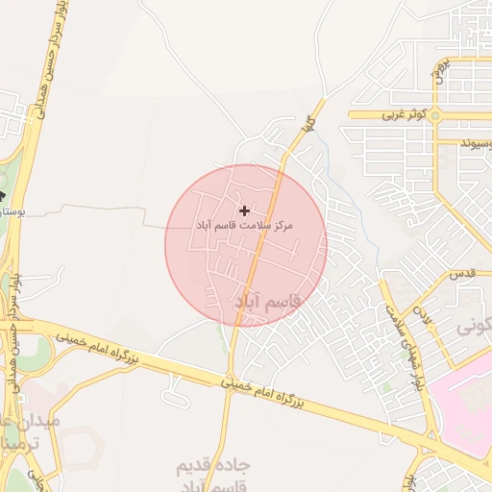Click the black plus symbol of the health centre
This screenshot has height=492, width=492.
pyautogui.click(x=244, y=209)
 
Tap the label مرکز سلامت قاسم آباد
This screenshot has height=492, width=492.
pyautogui.click(x=243, y=225)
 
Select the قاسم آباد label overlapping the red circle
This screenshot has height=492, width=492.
pyautogui.click(x=268, y=302)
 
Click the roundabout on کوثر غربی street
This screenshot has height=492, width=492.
pyautogui.click(x=435, y=115)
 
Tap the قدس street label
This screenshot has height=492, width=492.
pyautogui.click(x=463, y=274)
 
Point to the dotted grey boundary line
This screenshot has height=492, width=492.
pyautogui.click(x=96, y=206)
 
